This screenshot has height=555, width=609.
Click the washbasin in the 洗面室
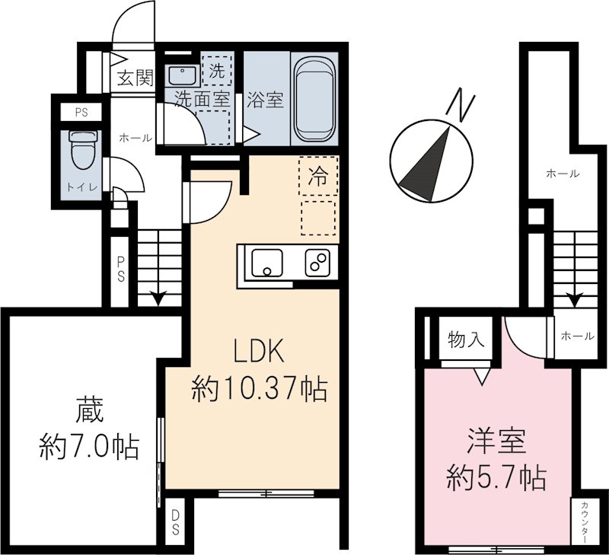tap(182, 75)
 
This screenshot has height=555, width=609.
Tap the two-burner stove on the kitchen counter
tap(317, 263)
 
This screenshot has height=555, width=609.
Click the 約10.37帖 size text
tap(259, 390)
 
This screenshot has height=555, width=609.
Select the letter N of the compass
tap(458, 104)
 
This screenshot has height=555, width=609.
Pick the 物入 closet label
tap(467, 340)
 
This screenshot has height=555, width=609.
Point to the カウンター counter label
tap(584, 522)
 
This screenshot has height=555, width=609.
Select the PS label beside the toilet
tap(81, 113)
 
